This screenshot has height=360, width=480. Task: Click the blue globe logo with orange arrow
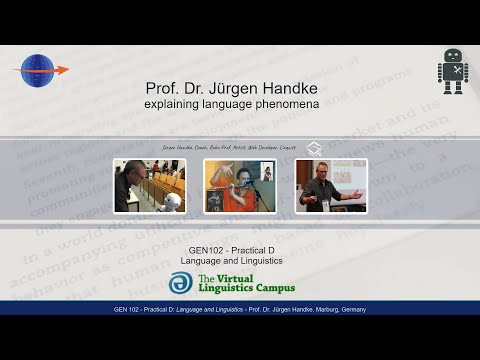tap(40, 71)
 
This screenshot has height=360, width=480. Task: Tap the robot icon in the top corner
tap(452, 72)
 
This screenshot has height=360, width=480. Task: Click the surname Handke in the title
tap(272, 87)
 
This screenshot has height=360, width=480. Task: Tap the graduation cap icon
tap(314, 147)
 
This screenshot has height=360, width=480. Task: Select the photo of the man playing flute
tap(239, 185)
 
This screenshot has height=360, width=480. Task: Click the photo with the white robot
tap(149, 185)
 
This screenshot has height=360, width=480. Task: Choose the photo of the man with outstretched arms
tap(331, 185)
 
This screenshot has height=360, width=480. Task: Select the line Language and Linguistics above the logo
tap(239, 260)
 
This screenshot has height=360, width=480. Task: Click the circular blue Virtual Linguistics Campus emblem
tap(180, 283)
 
